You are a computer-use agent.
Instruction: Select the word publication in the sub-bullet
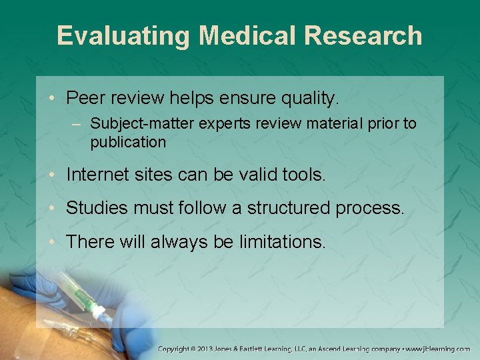[128, 142]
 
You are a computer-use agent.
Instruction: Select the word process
[370, 208]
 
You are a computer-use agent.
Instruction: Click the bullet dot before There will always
[53, 241]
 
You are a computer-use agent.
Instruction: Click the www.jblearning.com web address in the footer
[438, 349]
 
